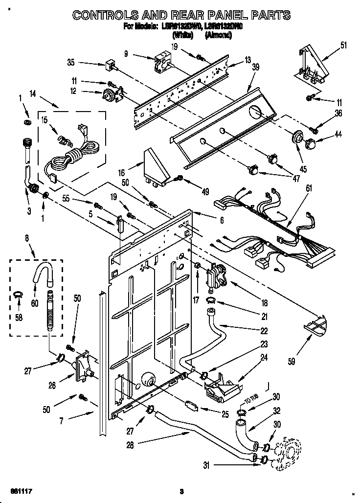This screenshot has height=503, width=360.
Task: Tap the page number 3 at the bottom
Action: [181, 491]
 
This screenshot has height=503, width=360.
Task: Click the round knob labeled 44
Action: [311, 144]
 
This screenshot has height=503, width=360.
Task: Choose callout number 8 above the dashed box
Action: [27, 239]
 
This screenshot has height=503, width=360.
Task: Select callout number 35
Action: [70, 62]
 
